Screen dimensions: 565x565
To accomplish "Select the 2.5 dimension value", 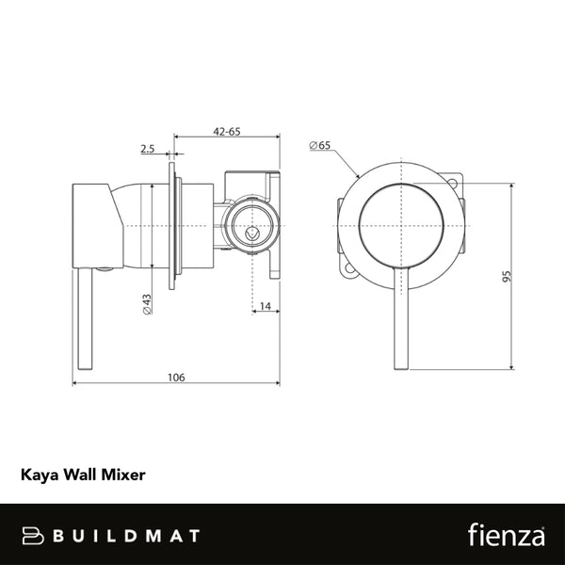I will pyautogui.click(x=147, y=149).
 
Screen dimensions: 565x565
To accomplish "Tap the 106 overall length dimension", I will pyautogui.click(x=177, y=377).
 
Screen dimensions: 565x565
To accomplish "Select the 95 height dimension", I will pyautogui.click(x=506, y=276).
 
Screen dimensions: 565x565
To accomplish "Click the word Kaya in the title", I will pyautogui.click(x=38, y=476).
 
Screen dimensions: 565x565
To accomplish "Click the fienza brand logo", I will pyautogui.click(x=507, y=535).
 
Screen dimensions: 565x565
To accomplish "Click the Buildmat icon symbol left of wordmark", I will pyautogui.click(x=34, y=536).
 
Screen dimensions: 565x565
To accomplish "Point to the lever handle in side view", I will pyautogui.click(x=83, y=320).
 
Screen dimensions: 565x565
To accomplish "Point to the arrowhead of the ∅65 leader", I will pyautogui.click(x=358, y=177).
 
